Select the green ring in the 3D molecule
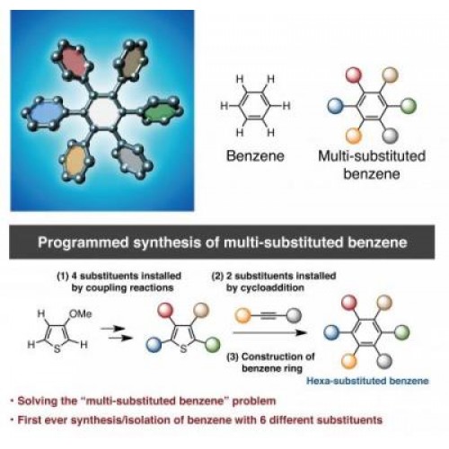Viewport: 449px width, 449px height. click(x=163, y=111)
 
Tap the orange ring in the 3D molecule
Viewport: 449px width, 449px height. click(x=75, y=161)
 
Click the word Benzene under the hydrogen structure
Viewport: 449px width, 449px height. click(x=255, y=156)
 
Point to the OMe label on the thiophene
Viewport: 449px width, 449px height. click(x=80, y=313)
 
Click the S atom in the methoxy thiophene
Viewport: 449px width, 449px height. click(x=57, y=348)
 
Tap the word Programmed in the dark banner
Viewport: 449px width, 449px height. click(x=84, y=242)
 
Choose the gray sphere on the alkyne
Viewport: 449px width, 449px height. click(x=294, y=315)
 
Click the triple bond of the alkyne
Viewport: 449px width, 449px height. click(x=269, y=315)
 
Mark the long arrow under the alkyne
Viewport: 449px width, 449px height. click(x=270, y=332)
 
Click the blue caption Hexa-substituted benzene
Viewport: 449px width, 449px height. click(x=367, y=381)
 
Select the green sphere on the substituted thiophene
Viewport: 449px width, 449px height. click(x=213, y=345)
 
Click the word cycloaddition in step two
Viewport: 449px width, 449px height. click(x=265, y=287)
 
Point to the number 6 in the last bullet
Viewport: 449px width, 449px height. click(x=263, y=419)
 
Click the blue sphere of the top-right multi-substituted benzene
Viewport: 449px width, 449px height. click(x=335, y=106)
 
